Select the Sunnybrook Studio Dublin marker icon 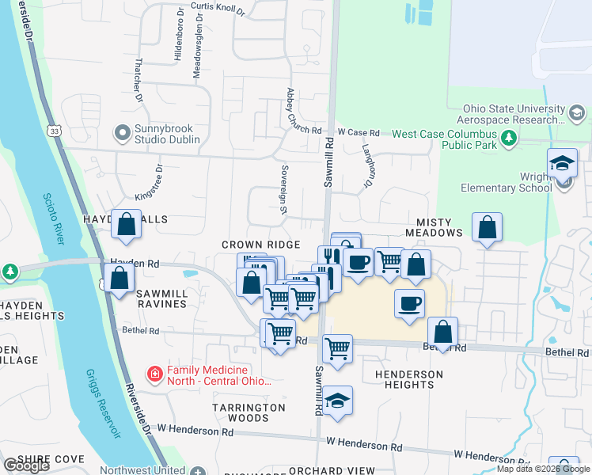(122, 132)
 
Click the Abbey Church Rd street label (293, 110)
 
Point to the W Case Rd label (359, 132)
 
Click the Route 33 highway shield (52, 130)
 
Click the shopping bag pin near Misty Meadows (487, 227)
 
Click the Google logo (25, 465)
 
